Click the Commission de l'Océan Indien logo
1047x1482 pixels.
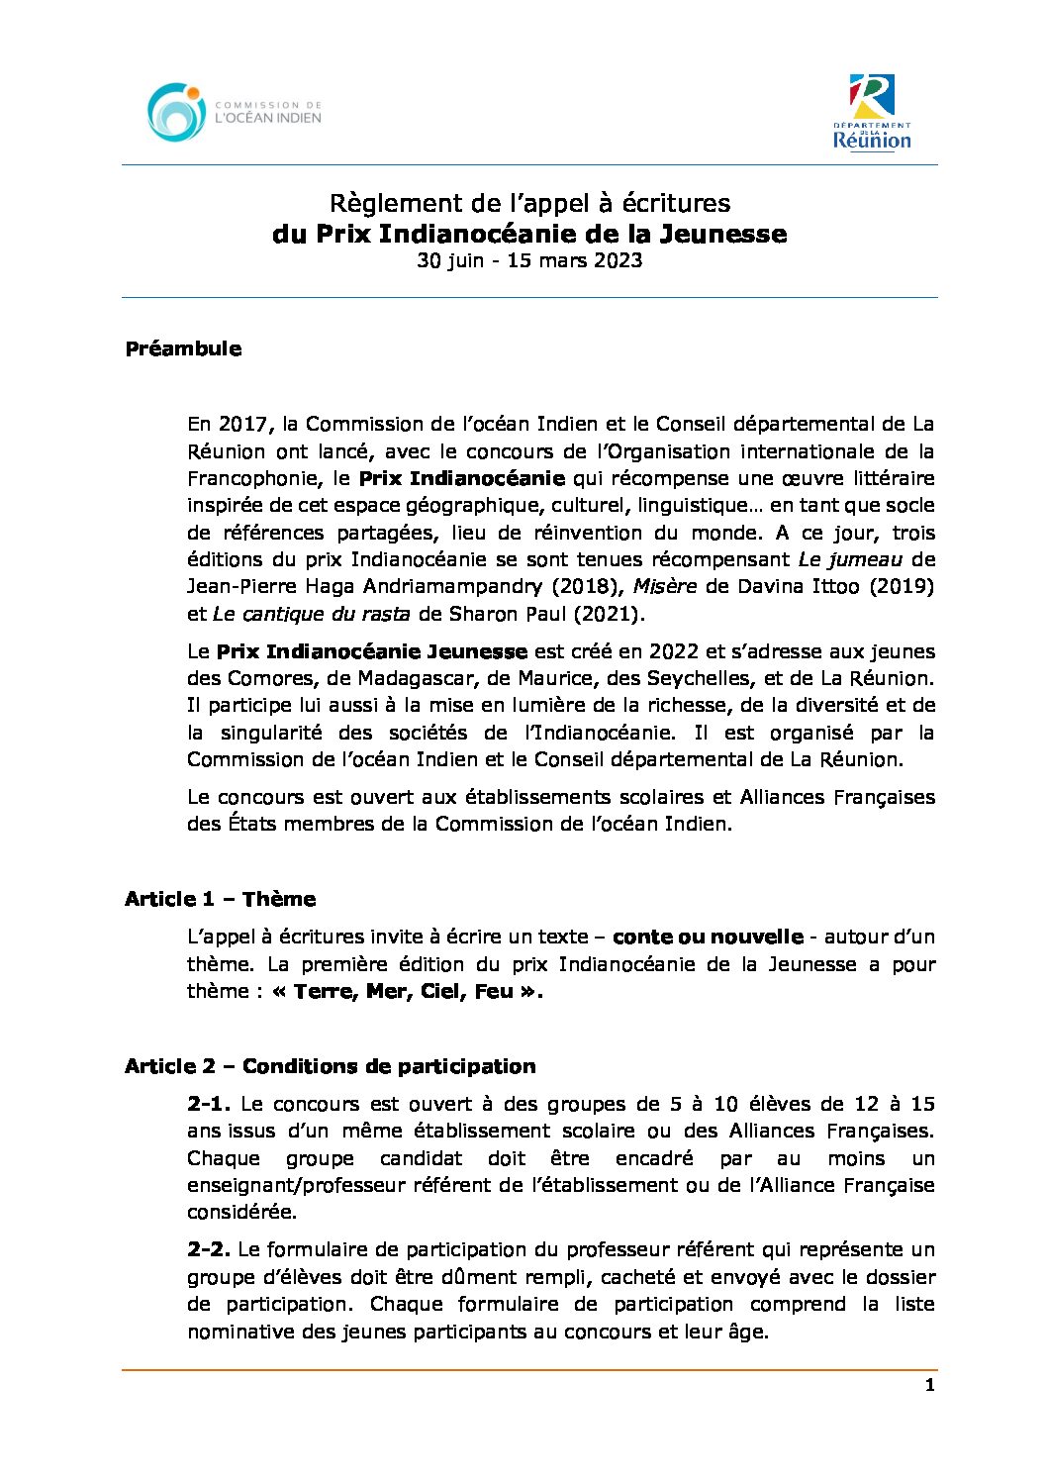pyautogui.click(x=235, y=112)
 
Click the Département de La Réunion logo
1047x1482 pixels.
pyautogui.click(x=872, y=112)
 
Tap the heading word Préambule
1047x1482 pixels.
pyautogui.click(x=183, y=348)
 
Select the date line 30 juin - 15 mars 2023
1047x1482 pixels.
pyautogui.click(x=529, y=260)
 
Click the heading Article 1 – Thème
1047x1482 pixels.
pyautogui.click(x=220, y=899)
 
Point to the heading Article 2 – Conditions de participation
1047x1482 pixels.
pyautogui.click(x=330, y=1066)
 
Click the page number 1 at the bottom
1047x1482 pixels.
pyautogui.click(x=929, y=1385)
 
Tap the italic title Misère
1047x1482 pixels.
pyautogui.click(x=665, y=586)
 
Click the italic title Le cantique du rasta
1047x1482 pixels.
pyautogui.click(x=311, y=614)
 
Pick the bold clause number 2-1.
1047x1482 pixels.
pyautogui.click(x=208, y=1104)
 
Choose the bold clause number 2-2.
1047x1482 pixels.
pyautogui.click(x=208, y=1249)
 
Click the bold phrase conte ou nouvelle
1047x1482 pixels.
pyautogui.click(x=708, y=937)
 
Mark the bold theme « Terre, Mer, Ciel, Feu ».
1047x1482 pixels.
pyautogui.click(x=407, y=991)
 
